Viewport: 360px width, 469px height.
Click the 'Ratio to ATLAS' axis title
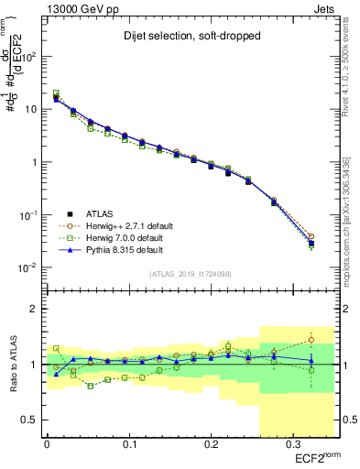(x=12, y=365)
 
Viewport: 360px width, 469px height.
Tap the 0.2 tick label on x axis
(x=211, y=445)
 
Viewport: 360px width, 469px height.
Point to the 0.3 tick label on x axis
(x=292, y=445)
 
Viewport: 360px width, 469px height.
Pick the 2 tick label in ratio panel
(x=34, y=309)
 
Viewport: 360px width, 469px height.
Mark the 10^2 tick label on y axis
(x=27, y=56)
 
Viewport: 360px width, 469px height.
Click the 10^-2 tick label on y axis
(x=27, y=267)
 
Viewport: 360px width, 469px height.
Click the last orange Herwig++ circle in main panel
(x=311, y=236)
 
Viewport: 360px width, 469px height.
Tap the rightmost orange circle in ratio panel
(x=311, y=340)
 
